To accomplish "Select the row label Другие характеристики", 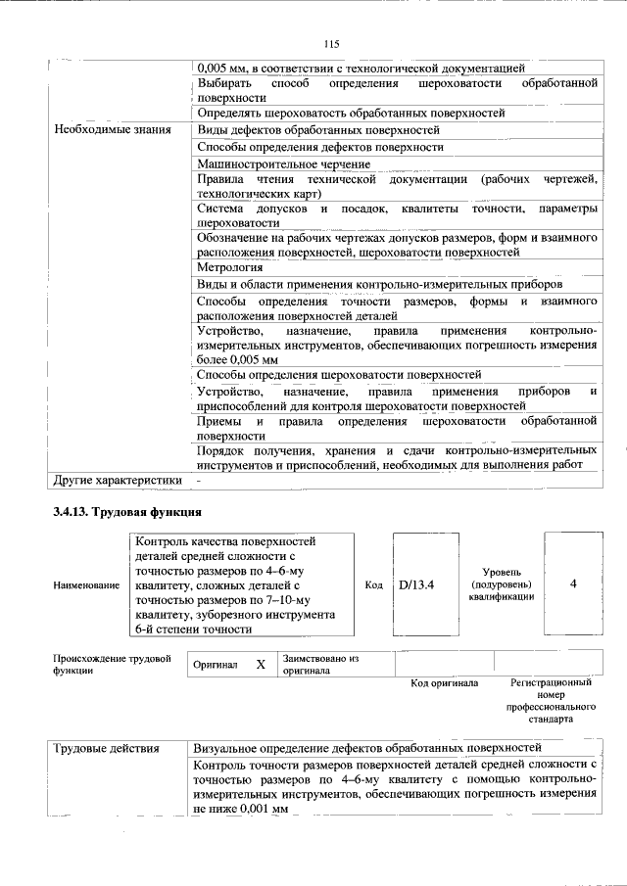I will (118, 481).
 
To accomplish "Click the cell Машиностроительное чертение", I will (283, 163).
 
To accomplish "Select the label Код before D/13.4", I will (373, 584).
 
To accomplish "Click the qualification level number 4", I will (573, 583).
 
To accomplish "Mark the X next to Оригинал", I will (261, 665).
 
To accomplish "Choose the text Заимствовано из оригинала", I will (320, 665).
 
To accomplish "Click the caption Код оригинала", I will (444, 683).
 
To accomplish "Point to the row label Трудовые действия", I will (107, 749).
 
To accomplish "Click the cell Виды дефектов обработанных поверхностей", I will (317, 130).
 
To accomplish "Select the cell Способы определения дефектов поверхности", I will (319, 147).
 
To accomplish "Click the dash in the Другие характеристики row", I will (199, 481).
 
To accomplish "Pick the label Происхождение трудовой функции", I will (112, 665).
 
